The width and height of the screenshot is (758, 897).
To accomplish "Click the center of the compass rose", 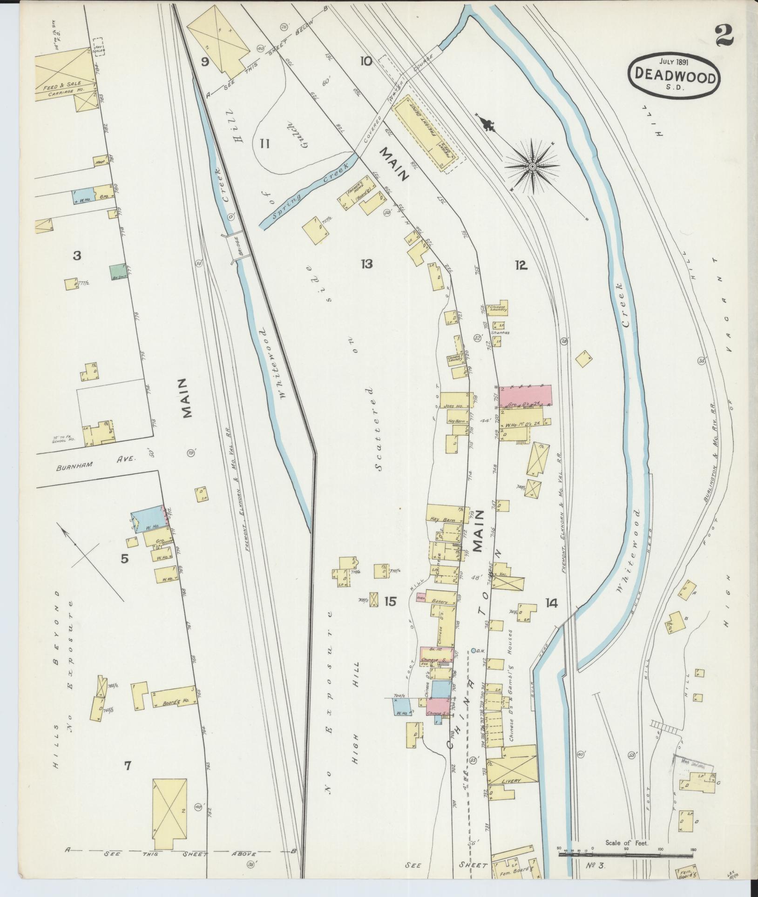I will click(531, 166).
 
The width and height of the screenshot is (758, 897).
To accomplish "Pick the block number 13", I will click(366, 264).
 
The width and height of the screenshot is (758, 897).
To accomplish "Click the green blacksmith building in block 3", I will click(117, 272).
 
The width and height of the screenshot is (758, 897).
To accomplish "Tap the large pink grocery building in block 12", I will click(525, 395).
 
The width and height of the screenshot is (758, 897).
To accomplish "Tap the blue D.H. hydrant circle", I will click(474, 650).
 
